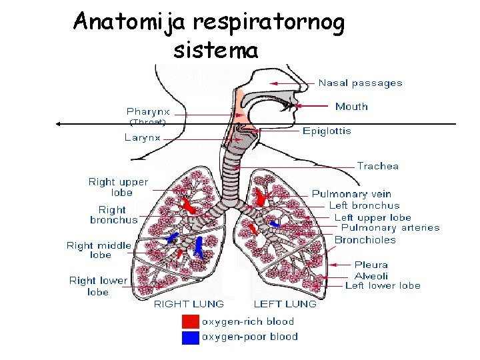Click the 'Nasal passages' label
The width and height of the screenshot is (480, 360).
point(360,83)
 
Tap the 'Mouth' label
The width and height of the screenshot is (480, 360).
point(351,107)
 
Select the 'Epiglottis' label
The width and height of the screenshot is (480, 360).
point(327,131)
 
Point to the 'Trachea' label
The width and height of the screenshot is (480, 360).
point(377,166)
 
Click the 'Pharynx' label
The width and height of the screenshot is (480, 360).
point(148,111)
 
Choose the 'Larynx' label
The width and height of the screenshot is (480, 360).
point(143,138)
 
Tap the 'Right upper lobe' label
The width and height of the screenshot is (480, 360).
point(119,187)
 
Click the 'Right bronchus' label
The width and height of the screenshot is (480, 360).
point(114,215)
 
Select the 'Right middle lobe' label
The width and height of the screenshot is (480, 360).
point(99,250)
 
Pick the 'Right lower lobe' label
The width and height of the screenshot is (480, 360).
point(98,286)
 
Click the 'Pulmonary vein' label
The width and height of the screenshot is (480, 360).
point(351,194)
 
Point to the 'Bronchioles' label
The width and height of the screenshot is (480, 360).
point(365,240)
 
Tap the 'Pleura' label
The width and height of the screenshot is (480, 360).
point(371,265)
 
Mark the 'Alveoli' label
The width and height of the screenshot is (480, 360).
point(371,275)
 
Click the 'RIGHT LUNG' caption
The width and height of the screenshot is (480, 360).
point(190,304)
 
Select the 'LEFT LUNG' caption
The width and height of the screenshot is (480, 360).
point(285,304)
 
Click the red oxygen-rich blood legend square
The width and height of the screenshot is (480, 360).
point(190,322)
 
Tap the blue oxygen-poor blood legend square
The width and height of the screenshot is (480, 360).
point(190,337)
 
